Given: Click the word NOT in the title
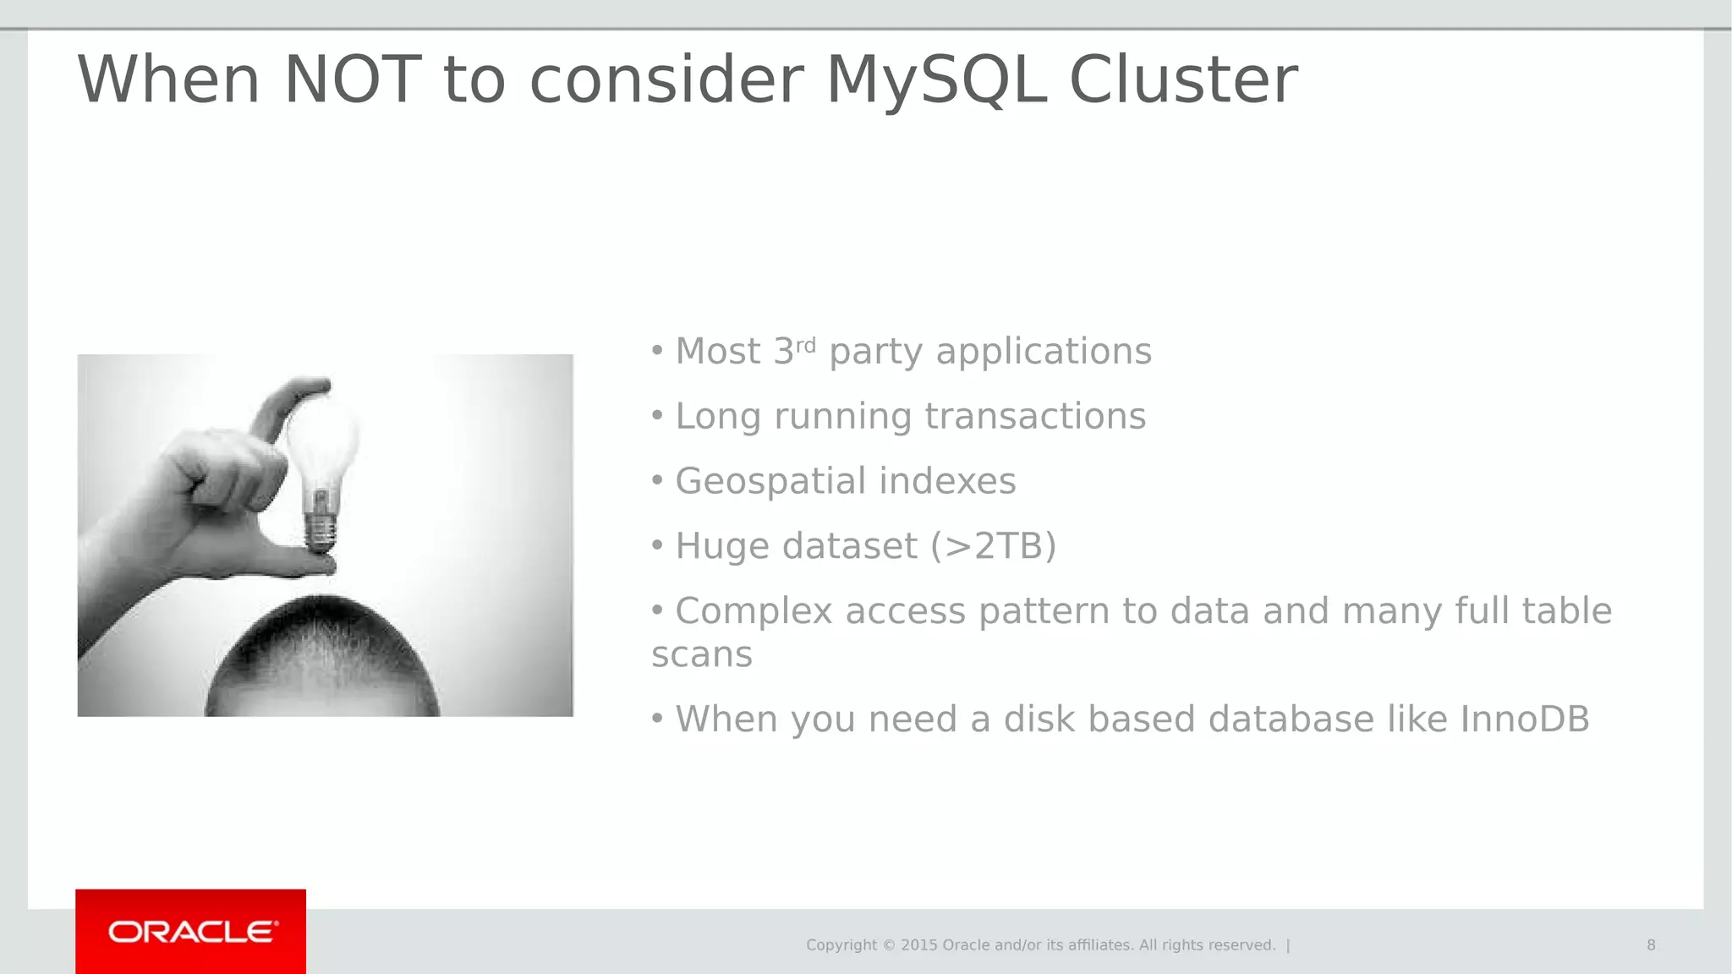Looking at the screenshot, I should click(352, 80).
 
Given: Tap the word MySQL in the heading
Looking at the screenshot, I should click(936, 80).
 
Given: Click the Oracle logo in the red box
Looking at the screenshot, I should click(192, 932).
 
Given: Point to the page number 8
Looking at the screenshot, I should click(1651, 945).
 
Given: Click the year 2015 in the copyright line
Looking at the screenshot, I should click(919, 945).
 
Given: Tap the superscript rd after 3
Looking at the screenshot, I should click(806, 344).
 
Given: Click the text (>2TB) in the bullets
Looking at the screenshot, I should click(994, 546).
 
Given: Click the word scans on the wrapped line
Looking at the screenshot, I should click(701, 655).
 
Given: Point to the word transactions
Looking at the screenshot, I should click(1035, 417).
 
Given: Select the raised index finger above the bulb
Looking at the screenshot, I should click(288, 402).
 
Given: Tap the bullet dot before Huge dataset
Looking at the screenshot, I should click(657, 545).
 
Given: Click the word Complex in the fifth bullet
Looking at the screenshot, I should click(754, 611).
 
